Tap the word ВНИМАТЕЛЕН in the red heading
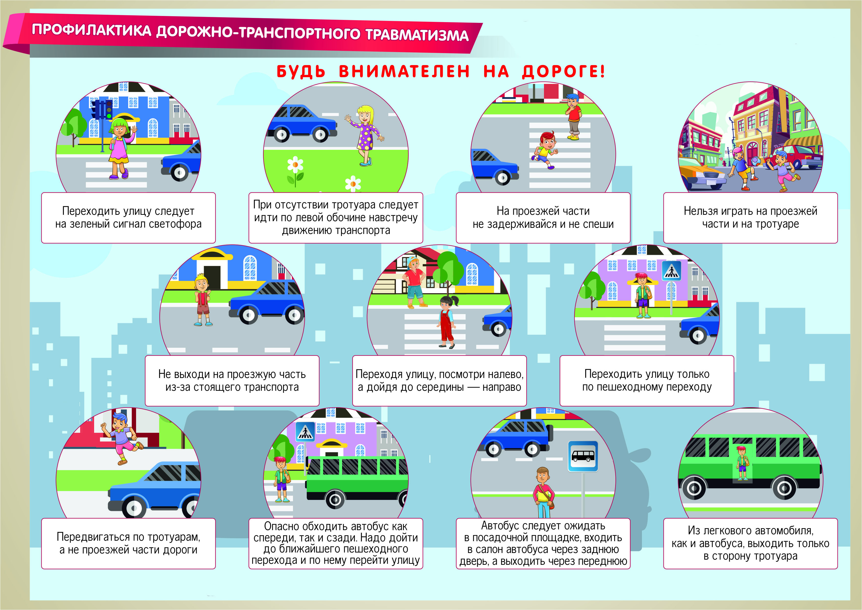pos(404,71)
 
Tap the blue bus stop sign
pos(583,456)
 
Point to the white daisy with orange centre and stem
pos(295,171)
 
